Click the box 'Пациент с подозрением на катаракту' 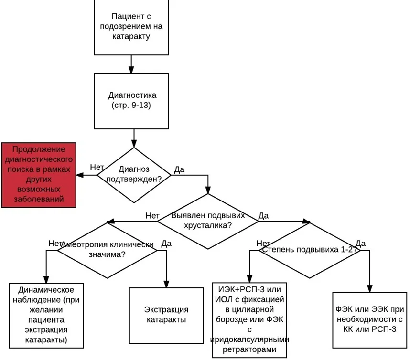click(x=131, y=27)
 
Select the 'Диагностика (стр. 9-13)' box click(x=131, y=101)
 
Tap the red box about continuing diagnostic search click(x=39, y=175)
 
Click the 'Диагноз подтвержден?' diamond click(x=134, y=175)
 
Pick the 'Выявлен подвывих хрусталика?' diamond click(x=208, y=221)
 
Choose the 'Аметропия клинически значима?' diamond click(x=107, y=250)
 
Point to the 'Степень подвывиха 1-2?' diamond click(x=310, y=250)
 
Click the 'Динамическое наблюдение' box click(x=46, y=315)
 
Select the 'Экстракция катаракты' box click(x=166, y=315)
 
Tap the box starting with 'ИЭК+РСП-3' click(x=249, y=320)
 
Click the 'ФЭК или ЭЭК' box click(x=369, y=320)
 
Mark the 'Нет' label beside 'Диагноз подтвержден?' click(x=97, y=167)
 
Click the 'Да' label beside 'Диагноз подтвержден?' click(x=179, y=169)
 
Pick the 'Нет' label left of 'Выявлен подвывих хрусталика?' click(x=152, y=215)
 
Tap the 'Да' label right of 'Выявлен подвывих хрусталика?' click(x=263, y=215)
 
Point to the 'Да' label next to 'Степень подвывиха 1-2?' click(x=361, y=243)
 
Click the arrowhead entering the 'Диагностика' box click(x=131, y=70)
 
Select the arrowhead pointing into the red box click(x=80, y=175)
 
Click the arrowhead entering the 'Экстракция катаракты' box click(x=166, y=284)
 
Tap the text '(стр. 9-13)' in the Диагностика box click(x=131, y=106)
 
